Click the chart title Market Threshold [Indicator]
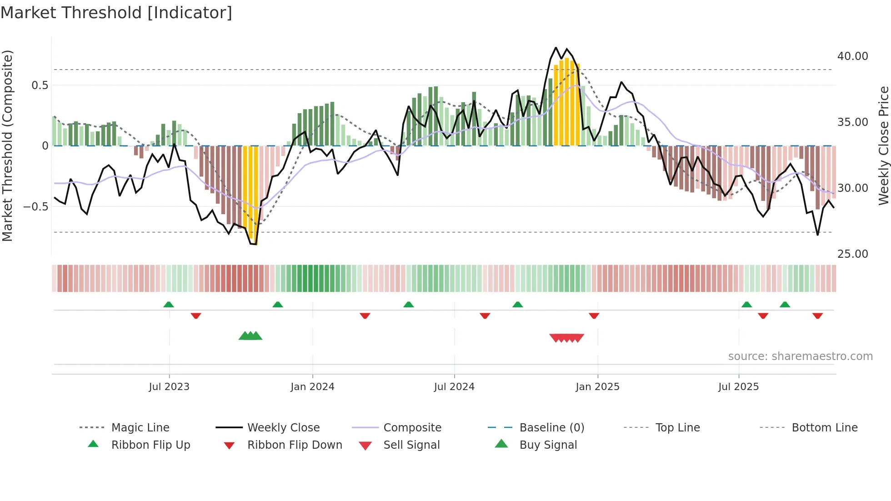pos(116,13)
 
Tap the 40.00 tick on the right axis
pos(852,56)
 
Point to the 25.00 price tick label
pos(852,254)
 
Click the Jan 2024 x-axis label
pos(312,387)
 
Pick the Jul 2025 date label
pos(738,387)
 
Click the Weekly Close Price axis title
pos(883,145)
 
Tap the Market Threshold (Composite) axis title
pos(8,145)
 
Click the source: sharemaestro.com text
pos(800,356)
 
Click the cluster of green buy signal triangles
pos(250,336)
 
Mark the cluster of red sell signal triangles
pos(566,338)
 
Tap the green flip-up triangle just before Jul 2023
pos(169,305)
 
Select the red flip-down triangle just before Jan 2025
pos(594,316)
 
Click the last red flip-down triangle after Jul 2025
pos(817,316)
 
